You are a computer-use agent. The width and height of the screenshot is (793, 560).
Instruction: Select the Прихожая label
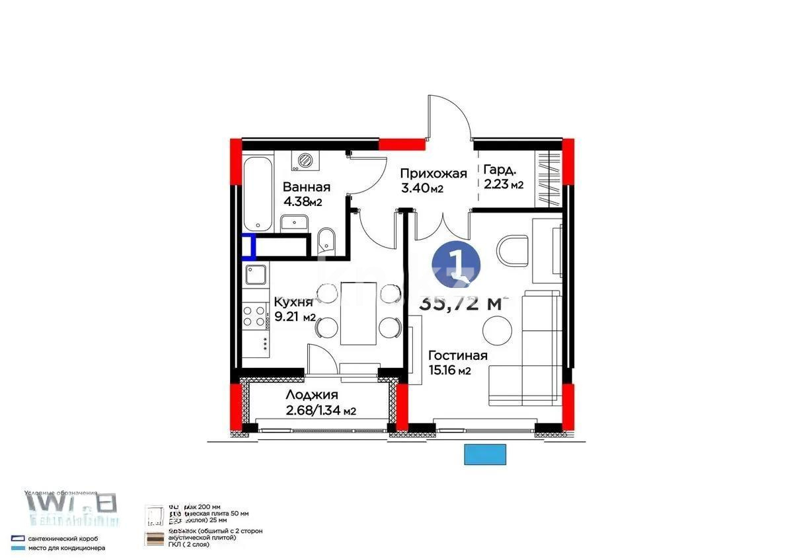(434, 174)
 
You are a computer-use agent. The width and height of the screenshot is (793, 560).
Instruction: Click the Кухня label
(293, 302)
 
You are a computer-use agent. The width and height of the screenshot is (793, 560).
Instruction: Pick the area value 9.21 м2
(295, 317)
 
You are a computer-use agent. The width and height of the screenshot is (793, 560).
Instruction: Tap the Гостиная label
(457, 356)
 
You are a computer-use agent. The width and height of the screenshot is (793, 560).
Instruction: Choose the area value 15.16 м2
(449, 370)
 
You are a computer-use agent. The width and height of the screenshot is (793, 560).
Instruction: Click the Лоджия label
(312, 395)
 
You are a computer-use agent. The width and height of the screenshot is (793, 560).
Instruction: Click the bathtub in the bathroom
(257, 192)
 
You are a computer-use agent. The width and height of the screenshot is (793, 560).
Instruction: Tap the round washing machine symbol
(305, 159)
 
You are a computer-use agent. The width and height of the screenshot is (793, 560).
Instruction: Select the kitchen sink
(256, 273)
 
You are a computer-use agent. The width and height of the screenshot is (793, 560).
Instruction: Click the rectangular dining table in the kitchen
(358, 313)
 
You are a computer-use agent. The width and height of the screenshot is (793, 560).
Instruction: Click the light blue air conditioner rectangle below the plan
(486, 455)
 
